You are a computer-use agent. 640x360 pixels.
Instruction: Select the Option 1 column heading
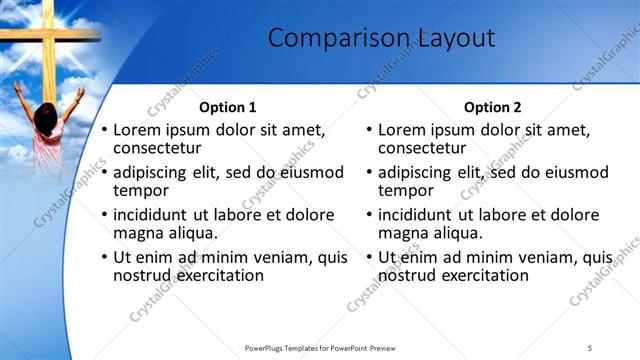[x=228, y=107]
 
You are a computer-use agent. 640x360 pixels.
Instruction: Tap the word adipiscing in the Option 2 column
[x=421, y=172]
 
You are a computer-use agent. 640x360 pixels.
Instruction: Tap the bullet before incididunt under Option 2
[x=370, y=214]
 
